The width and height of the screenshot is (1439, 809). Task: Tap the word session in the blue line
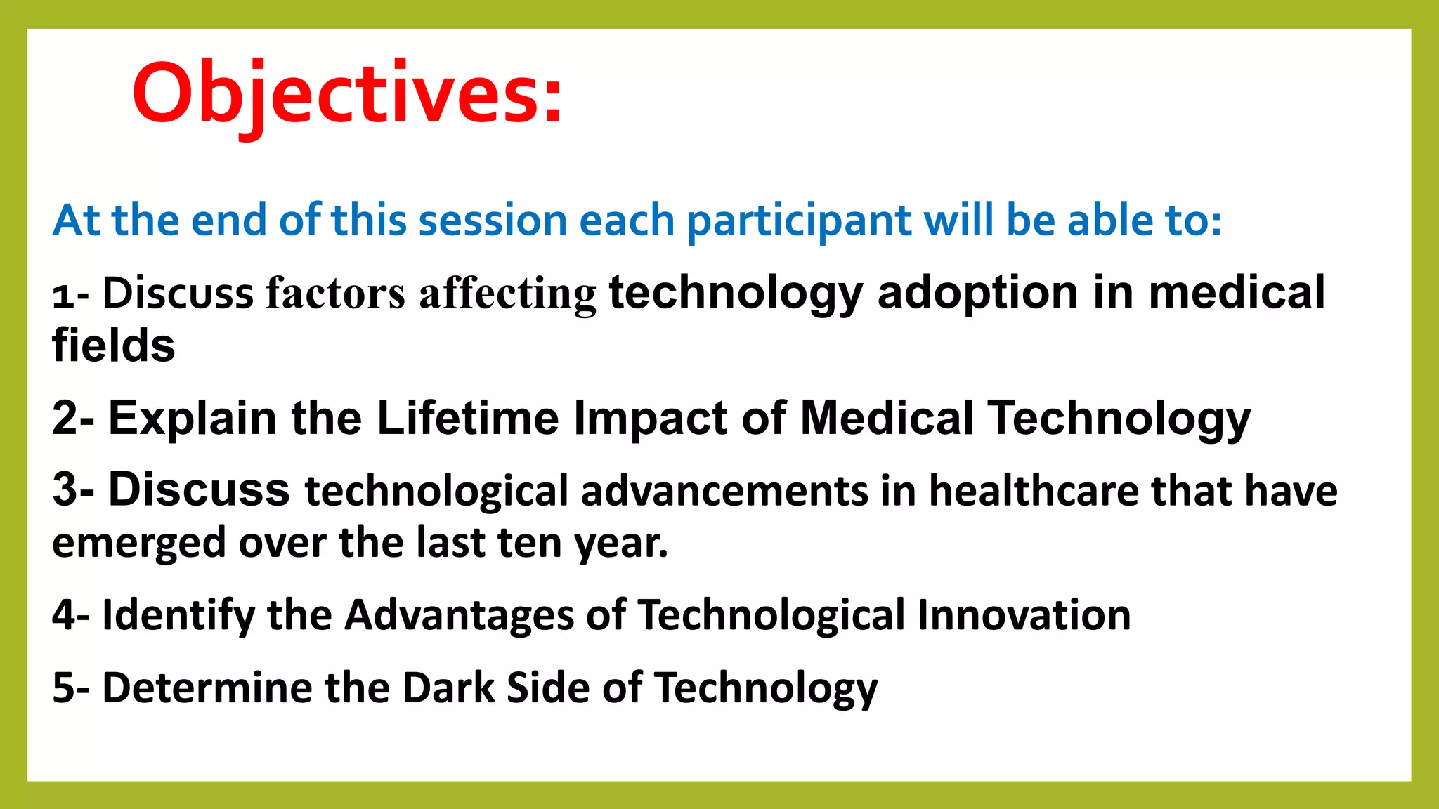pyautogui.click(x=492, y=221)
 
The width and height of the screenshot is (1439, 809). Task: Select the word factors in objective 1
pyautogui.click(x=335, y=293)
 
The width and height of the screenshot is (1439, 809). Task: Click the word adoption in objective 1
pyautogui.click(x=977, y=294)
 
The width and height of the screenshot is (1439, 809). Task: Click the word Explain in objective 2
pyautogui.click(x=193, y=419)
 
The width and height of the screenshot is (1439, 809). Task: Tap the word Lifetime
pyautogui.click(x=467, y=418)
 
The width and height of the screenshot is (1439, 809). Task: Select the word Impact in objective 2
pyautogui.click(x=650, y=419)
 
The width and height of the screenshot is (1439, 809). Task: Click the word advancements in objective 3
pyautogui.click(x=724, y=490)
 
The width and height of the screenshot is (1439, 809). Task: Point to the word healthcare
pyautogui.click(x=1033, y=490)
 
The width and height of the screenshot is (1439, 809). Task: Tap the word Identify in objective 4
pyautogui.click(x=178, y=616)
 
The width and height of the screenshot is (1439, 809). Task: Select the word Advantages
pyautogui.click(x=460, y=616)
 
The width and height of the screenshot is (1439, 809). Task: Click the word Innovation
pyautogui.click(x=1024, y=614)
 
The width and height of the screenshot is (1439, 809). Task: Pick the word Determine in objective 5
pyautogui.click(x=207, y=687)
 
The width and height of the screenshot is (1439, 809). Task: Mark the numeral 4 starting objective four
pyautogui.click(x=64, y=615)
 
